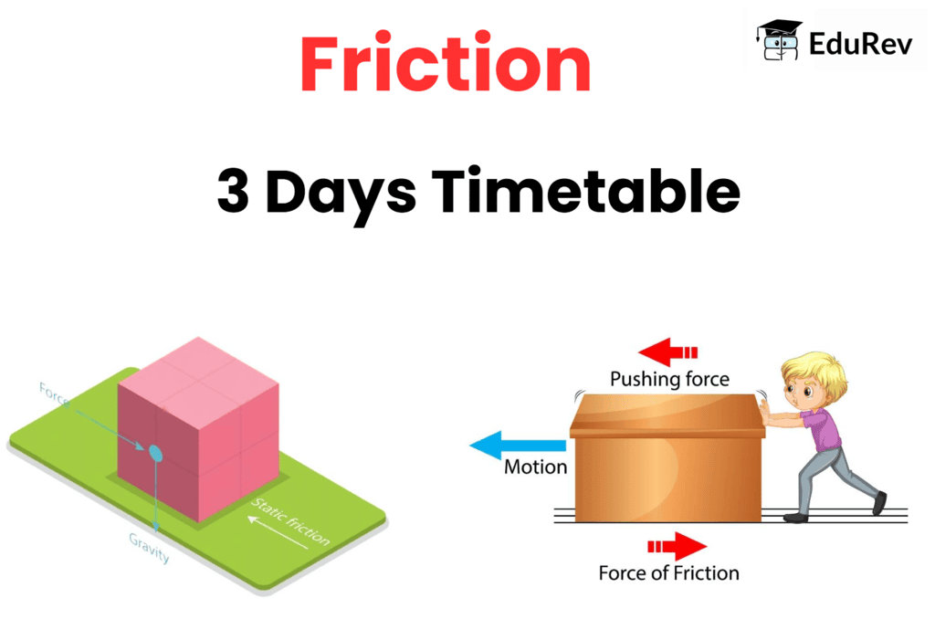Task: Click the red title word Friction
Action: pos(445,65)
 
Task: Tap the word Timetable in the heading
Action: pos(585,192)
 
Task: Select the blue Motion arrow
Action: pos(516,446)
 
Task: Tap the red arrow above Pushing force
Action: pos(667,351)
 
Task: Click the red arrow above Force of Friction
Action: pos(678,547)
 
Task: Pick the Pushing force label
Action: pos(669,378)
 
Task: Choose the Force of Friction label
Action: pos(668,573)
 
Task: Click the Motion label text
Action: pos(536,467)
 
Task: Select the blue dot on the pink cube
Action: pos(155,452)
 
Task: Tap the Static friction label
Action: pos(290,520)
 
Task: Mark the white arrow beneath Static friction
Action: pos(277,535)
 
